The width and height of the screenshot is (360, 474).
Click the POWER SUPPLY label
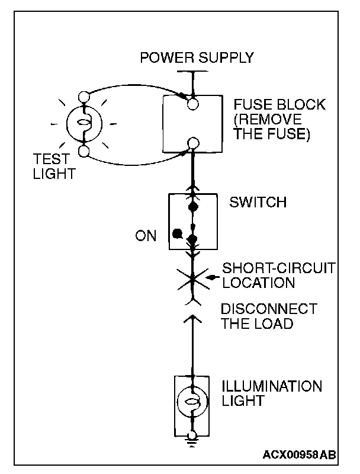pyautogui.click(x=196, y=57)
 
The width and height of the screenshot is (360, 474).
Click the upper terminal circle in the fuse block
pyautogui.click(x=192, y=104)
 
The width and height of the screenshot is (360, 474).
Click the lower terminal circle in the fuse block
pyautogui.click(x=192, y=143)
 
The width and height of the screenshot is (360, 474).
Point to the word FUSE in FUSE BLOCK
pyautogui.click(x=252, y=105)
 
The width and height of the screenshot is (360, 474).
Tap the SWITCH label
pyautogui.click(x=258, y=203)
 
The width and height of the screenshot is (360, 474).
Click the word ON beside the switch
pyautogui.click(x=146, y=236)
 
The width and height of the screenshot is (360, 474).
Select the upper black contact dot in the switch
pyautogui.click(x=192, y=208)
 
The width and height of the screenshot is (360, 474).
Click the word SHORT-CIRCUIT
pyautogui.click(x=278, y=268)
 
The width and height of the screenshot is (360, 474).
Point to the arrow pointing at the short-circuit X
pyautogui.click(x=211, y=277)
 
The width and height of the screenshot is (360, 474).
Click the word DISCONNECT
pyautogui.click(x=268, y=309)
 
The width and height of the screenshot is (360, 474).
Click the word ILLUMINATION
pyautogui.click(x=271, y=387)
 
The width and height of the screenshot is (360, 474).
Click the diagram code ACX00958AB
pyautogui.click(x=300, y=455)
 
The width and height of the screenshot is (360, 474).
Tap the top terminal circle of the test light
pyautogui.click(x=83, y=96)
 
